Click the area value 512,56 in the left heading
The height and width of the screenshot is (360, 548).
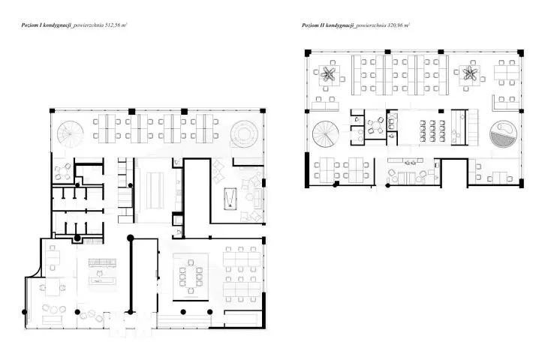click(x=113, y=25)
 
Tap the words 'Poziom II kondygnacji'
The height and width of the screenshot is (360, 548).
click(x=328, y=25)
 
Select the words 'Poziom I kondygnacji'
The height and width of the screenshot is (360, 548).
click(x=46, y=25)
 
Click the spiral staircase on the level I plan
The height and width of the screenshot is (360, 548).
click(x=71, y=133)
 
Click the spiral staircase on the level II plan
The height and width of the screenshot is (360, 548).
click(x=326, y=134)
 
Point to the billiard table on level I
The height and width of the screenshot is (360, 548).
click(x=230, y=199)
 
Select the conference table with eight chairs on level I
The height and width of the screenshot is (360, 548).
click(x=191, y=277)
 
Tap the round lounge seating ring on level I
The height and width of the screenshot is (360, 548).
click(x=244, y=134)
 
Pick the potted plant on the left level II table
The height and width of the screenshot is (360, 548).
click(x=328, y=73)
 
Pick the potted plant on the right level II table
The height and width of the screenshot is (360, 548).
click(x=470, y=73)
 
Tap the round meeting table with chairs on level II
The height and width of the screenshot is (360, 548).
click(x=375, y=126)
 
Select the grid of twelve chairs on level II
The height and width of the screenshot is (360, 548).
click(x=432, y=130)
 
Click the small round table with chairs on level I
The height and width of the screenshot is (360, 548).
click(x=63, y=172)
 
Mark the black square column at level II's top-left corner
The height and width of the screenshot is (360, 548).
click(x=308, y=53)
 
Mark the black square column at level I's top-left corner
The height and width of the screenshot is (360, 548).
click(x=52, y=111)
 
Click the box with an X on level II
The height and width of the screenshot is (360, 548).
click(x=392, y=115)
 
